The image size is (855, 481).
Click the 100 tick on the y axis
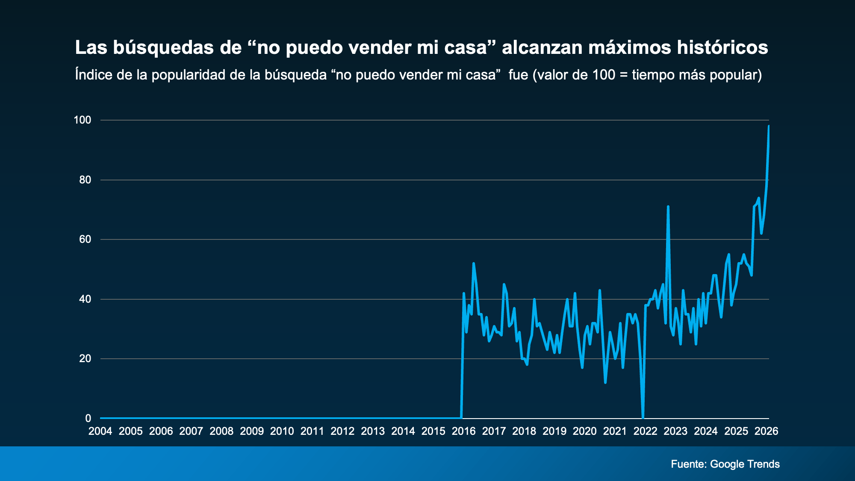(83, 120)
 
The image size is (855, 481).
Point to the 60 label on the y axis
(85, 239)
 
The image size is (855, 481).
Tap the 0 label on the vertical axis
(88, 418)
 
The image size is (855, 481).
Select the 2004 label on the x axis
(100, 431)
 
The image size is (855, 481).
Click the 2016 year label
(463, 431)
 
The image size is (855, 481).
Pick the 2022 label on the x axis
(645, 431)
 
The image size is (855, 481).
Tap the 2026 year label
(766, 431)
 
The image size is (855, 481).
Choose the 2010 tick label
(282, 431)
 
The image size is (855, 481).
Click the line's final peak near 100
(769, 126)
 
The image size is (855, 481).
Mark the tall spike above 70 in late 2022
(668, 207)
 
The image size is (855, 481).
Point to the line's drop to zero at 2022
(643, 417)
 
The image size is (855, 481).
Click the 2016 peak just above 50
(473, 264)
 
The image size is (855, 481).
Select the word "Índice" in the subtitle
(94, 75)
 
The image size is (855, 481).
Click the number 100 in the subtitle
(604, 75)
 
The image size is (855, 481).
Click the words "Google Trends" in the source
(745, 464)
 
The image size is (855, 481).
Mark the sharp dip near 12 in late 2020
(605, 382)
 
